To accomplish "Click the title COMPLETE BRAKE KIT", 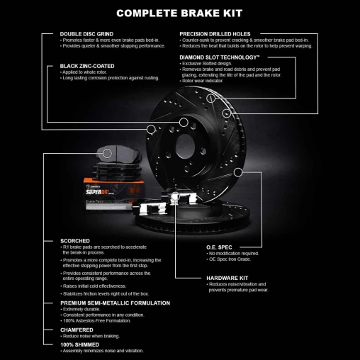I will [180, 13].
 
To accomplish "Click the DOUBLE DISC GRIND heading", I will [86, 34].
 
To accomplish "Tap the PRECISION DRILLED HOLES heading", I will [215, 34].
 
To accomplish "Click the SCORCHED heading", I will [76, 241].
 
